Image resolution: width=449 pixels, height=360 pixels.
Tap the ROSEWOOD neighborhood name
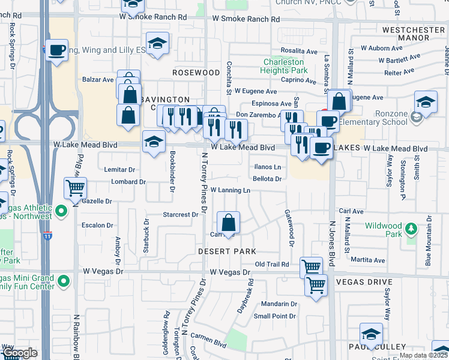[196, 73]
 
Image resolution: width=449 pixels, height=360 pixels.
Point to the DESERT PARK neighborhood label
[228, 251]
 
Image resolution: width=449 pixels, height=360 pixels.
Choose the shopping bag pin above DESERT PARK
[229, 223]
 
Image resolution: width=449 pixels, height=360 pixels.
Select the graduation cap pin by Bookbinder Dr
[154, 143]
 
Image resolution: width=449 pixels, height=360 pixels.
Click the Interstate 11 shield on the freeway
[47, 235]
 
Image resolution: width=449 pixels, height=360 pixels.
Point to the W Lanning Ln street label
[230, 190]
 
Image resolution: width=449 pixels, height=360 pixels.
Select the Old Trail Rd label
[272, 264]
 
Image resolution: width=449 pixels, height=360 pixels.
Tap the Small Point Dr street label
[275, 316]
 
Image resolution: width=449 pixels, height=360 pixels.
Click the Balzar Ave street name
[98, 79]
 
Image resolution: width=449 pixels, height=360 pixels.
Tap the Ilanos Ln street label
[268, 167]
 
